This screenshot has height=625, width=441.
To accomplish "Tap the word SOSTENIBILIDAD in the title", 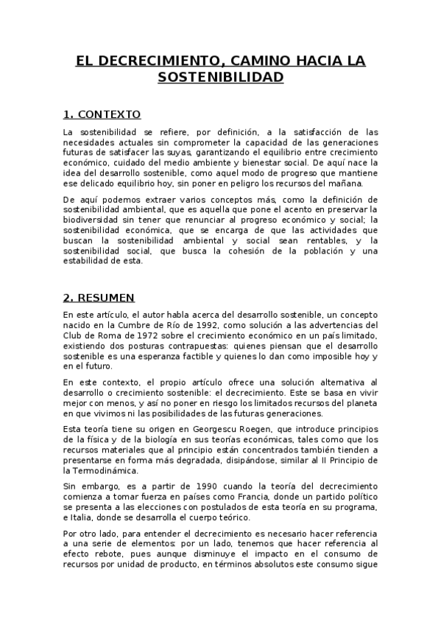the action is [x=220, y=77].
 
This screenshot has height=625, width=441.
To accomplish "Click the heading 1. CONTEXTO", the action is [x=102, y=115].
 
